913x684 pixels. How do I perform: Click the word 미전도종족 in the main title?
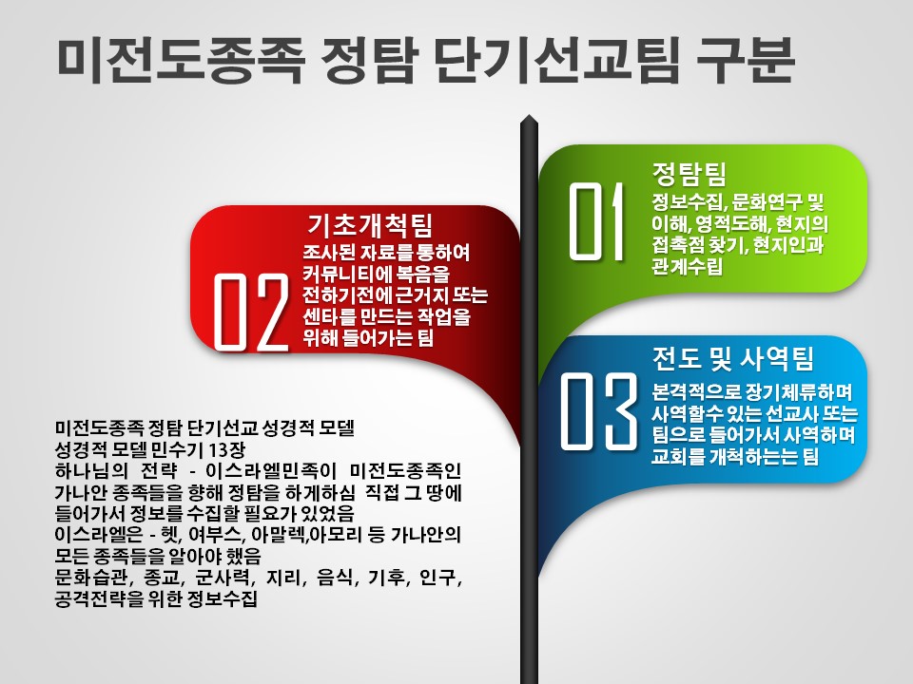(x=181, y=59)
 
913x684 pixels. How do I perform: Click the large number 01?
(x=595, y=221)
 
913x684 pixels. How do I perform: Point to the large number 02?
(x=251, y=312)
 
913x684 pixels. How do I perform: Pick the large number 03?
(x=598, y=410)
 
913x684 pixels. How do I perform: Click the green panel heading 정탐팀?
(x=690, y=173)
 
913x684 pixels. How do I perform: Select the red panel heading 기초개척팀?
(x=370, y=224)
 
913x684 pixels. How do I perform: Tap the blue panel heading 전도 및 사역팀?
(x=732, y=358)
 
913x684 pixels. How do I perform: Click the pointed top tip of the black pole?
(x=529, y=116)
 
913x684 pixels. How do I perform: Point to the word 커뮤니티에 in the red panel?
(x=346, y=274)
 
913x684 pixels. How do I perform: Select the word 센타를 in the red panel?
(x=329, y=316)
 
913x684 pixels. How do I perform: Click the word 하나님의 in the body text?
(x=91, y=470)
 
